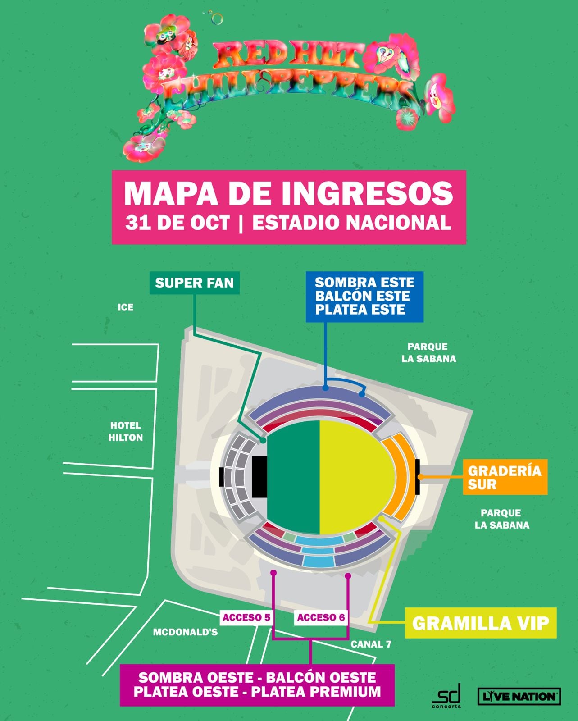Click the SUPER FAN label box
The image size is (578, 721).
pos(194,283)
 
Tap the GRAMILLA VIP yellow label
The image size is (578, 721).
pos(480,624)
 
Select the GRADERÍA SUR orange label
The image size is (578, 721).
pos(505,477)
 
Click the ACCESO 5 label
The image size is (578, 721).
pos(246,617)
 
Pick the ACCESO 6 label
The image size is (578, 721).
pos(321,617)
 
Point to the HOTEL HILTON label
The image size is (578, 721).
pos(125,431)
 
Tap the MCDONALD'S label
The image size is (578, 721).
pos(185,632)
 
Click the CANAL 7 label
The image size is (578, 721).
pos(371,644)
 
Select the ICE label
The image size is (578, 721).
pos(126,307)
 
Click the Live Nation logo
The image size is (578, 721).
pos(519,696)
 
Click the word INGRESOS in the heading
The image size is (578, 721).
pos(367,194)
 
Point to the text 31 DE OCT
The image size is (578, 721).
pos(177,223)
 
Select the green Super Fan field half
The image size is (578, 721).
pos(293,477)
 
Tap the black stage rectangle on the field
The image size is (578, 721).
pos(259,477)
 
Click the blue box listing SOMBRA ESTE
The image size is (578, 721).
pos(364,297)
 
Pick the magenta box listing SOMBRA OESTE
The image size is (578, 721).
pos(257,684)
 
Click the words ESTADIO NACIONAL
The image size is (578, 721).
pos(351,223)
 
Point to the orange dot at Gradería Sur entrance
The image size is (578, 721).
pos(419,477)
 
